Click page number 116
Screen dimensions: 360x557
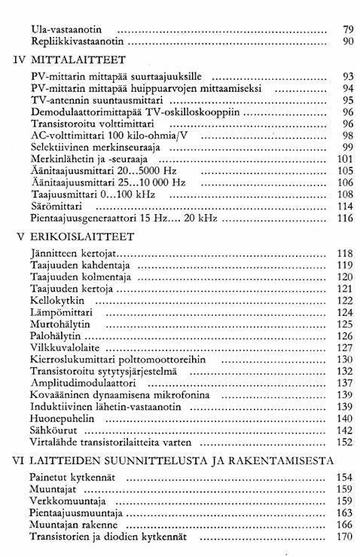pyautogui.click(x=345, y=219)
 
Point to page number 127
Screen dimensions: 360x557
pyautogui.click(x=345, y=347)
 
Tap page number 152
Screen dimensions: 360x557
pyautogui.click(x=345, y=442)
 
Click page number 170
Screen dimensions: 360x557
pyautogui.click(x=345, y=537)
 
